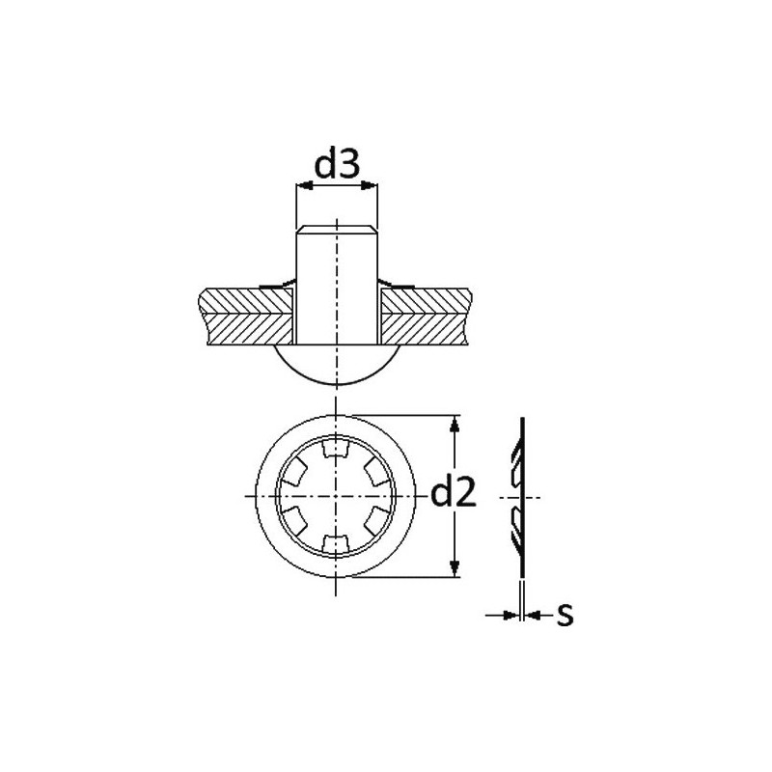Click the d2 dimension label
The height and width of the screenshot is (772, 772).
[454, 493]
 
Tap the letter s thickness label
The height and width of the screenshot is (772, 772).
[565, 615]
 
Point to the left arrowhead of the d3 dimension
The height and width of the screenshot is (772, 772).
[304, 185]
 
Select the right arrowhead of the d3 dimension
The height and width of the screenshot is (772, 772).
[370, 185]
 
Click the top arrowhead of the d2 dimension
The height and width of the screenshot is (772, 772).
[455, 424]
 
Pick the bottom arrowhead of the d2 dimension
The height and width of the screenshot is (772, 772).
[455, 568]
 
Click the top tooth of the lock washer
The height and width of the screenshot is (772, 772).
[336, 449]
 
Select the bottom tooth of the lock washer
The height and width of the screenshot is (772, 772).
[336, 543]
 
